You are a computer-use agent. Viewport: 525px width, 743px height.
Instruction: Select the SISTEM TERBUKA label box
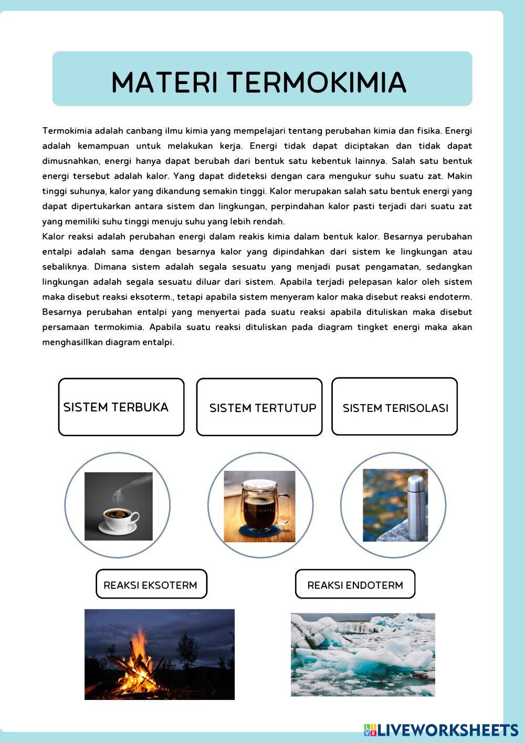121,407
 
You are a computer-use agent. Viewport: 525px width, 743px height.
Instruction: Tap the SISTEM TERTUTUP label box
259,408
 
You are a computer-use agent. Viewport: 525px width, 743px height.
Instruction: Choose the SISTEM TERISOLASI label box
395,408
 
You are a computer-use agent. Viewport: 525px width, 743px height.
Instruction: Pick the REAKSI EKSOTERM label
151,584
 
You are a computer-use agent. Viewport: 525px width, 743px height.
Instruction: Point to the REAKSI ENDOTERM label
355,584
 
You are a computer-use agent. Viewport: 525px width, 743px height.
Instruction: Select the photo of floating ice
363,655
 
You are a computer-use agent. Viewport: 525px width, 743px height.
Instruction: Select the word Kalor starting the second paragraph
53,236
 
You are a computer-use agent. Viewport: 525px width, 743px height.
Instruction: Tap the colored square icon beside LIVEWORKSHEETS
370,730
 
